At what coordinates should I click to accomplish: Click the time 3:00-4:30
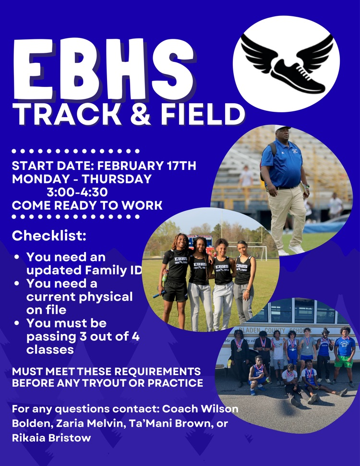[x=77, y=192]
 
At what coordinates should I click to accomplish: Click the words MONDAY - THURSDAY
[x=82, y=179]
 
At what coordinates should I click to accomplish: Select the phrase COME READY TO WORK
[x=87, y=205]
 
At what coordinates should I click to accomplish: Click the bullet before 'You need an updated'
[x=17, y=257]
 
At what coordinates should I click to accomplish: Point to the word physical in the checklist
[x=103, y=297]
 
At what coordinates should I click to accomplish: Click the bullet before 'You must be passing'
[x=17, y=323]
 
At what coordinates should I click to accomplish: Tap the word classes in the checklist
[x=50, y=349]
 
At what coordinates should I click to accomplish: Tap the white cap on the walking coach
[x=283, y=128]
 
